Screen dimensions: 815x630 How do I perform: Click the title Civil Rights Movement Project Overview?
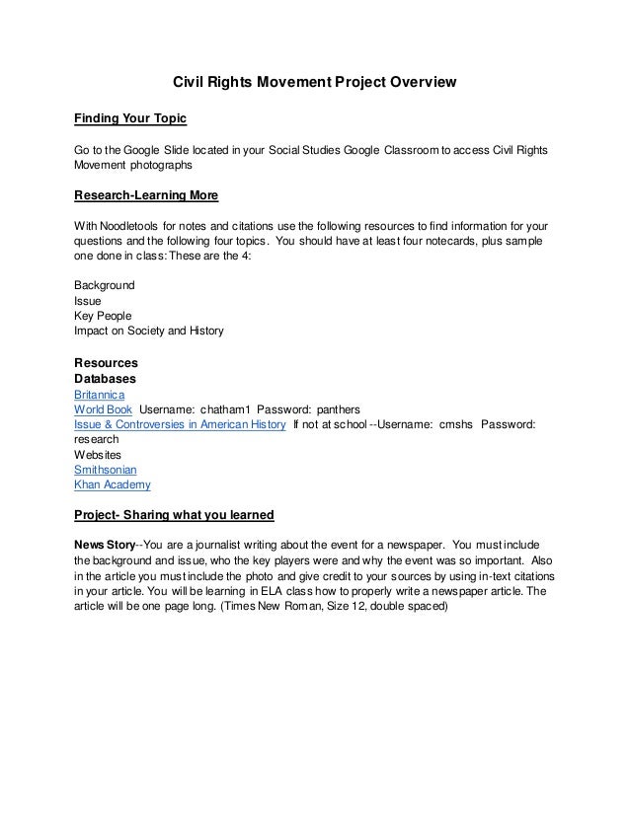(x=308, y=84)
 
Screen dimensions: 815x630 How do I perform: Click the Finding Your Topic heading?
(x=130, y=119)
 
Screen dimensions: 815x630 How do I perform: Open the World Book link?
(x=104, y=408)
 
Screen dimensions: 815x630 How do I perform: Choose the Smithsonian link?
(x=108, y=470)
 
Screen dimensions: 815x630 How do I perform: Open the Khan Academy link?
(x=113, y=485)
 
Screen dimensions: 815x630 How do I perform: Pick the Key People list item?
(x=103, y=316)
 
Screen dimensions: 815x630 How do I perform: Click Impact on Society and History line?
(x=149, y=332)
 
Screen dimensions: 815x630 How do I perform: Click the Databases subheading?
(x=106, y=378)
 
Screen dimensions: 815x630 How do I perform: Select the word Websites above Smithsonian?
(x=100, y=454)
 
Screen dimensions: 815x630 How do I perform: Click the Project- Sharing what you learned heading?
(x=174, y=515)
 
